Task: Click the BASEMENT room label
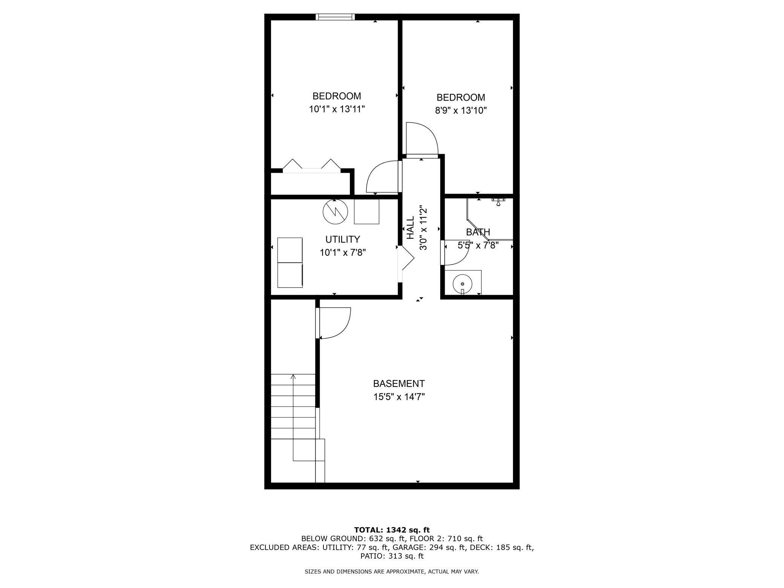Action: coord(399,384)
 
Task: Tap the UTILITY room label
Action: coord(342,239)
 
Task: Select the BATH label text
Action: coord(478,232)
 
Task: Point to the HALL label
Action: coord(410,227)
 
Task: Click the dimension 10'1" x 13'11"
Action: coord(337,109)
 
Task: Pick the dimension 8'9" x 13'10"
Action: coord(461,110)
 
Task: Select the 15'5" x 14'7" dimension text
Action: coord(399,397)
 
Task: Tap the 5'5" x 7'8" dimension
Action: coord(478,245)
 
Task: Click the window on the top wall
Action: coord(335,17)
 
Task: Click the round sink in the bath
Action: coord(462,282)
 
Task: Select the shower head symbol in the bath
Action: coord(498,202)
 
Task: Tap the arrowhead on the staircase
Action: coord(293,376)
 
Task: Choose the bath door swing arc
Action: coord(456,253)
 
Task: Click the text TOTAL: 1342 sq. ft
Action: coord(392,530)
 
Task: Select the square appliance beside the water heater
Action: coord(366,211)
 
